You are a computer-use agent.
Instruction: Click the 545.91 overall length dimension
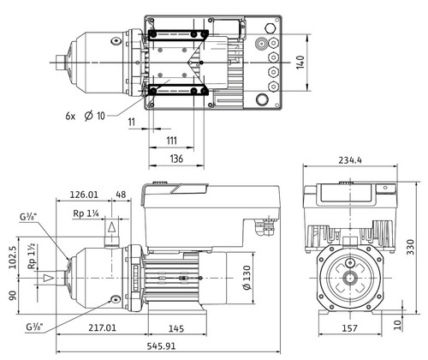point(161,346)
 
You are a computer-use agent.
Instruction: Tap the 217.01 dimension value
point(103,327)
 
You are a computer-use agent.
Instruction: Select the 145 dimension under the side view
point(176,328)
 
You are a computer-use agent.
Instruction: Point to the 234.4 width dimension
point(350,160)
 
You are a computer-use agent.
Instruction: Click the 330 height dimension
point(410,248)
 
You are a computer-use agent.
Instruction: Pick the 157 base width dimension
point(349,328)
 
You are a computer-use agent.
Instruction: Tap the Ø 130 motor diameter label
point(247,278)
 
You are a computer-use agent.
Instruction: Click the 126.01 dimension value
point(84,195)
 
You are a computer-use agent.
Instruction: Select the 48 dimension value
point(121,195)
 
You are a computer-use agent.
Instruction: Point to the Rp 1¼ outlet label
point(86,213)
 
